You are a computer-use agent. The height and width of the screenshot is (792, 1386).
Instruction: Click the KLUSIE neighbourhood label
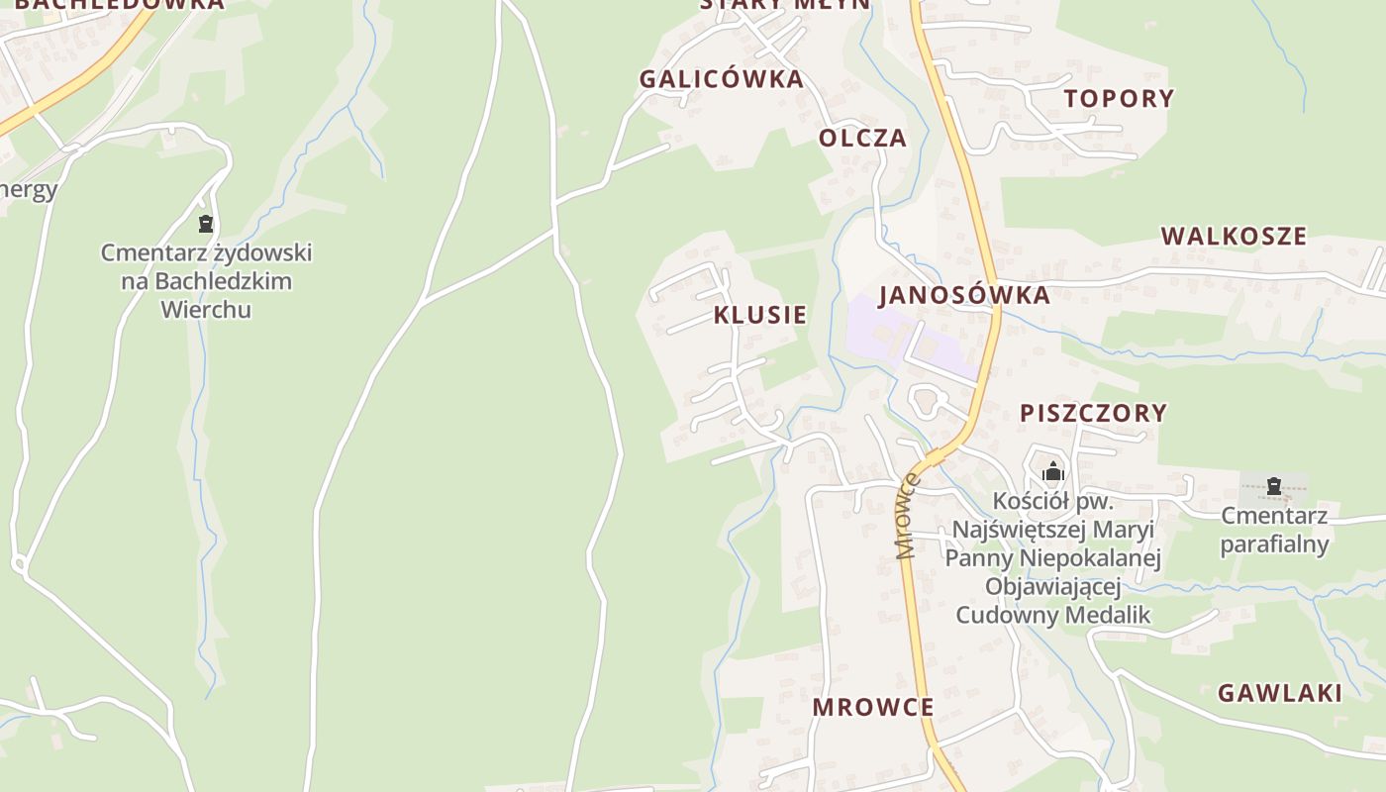click(759, 315)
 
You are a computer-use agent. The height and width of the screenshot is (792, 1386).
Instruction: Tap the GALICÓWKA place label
click(721, 79)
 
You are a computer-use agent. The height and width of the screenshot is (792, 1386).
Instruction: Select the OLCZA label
click(862, 138)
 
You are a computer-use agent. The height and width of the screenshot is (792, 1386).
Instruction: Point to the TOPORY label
click(1119, 98)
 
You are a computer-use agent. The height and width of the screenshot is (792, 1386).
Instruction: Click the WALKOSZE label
click(1234, 236)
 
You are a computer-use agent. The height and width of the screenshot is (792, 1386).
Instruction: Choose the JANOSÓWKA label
click(963, 295)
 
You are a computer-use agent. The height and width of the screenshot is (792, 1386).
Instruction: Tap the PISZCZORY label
click(1093, 413)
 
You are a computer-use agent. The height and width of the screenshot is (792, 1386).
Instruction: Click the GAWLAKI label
click(1279, 693)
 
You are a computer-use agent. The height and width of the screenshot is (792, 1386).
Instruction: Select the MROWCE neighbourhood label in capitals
click(872, 707)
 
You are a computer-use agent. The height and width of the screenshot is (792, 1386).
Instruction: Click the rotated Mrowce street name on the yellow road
click(907, 517)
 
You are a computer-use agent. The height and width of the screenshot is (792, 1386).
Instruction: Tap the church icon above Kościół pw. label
click(1052, 471)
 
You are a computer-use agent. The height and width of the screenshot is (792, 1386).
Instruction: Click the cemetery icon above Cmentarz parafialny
click(1274, 486)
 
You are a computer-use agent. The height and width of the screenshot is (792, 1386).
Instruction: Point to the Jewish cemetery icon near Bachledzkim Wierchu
click(205, 224)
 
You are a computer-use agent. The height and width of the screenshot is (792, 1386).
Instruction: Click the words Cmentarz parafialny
click(1273, 530)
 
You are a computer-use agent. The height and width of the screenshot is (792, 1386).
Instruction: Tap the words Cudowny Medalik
click(1052, 615)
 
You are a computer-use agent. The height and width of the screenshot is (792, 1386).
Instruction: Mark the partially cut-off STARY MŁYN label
click(785, 4)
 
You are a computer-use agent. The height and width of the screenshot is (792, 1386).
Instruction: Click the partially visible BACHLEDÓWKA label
click(119, 4)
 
